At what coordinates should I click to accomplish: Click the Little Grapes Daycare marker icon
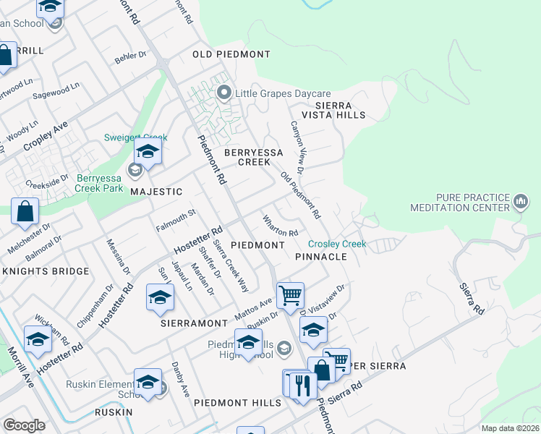pos(224,93)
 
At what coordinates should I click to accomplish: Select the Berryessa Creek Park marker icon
pos(135,171)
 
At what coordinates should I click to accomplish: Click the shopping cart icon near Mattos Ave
pos(290,295)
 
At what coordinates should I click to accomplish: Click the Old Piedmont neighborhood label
pos(231,54)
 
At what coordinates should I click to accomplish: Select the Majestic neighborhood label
pos(156,192)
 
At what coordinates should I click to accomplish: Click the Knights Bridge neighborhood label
pos(46,271)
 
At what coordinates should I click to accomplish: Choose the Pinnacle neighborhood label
pos(321,257)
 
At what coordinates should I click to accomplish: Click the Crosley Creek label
pos(337,244)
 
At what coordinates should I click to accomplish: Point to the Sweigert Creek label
pos(136,137)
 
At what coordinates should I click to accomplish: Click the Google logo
pos(24,425)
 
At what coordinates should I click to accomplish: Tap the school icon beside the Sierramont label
pos(160,297)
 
